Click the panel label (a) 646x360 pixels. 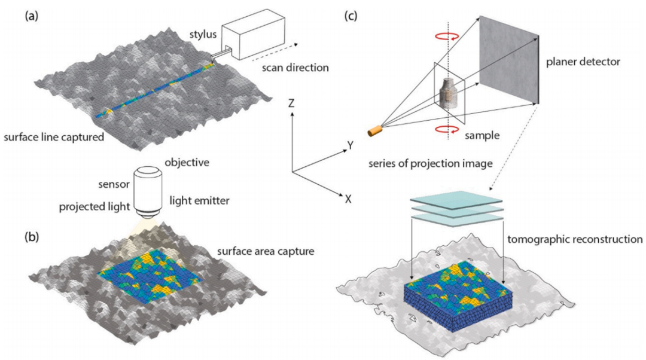(31, 16)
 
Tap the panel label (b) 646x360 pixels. (31, 237)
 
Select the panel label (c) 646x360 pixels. (350, 16)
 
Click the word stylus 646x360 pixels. (203, 34)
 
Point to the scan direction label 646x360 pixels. (295, 68)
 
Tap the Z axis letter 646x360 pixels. (292, 103)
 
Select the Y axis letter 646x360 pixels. (350, 145)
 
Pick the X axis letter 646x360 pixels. (348, 199)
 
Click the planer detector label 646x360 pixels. (583, 62)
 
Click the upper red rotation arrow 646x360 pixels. (447, 36)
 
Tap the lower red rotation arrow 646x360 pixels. (447, 130)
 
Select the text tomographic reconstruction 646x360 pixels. (575, 239)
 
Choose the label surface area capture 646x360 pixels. (266, 251)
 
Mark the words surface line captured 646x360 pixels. (54, 137)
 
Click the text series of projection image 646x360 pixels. (431, 164)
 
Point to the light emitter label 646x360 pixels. (199, 201)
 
